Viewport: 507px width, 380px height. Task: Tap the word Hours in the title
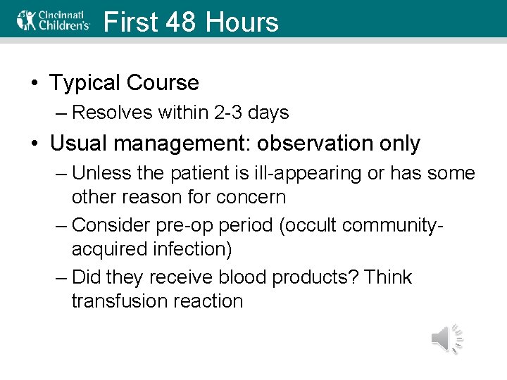pos(242,22)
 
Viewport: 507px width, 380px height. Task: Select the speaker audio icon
pos(446,338)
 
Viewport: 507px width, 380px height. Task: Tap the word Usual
pos(79,144)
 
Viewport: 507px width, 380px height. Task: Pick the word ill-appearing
pos(294,173)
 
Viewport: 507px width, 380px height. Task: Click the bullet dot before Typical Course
pos(35,84)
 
